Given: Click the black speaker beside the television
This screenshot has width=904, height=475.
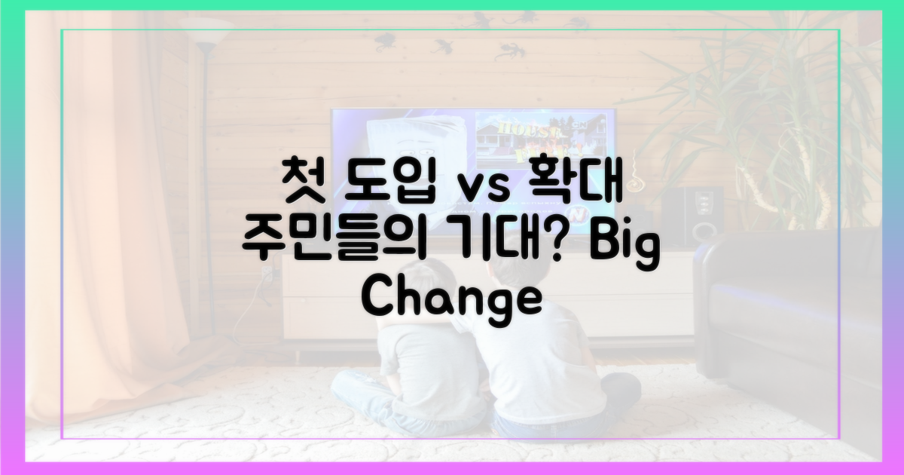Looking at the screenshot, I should point(697,219).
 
